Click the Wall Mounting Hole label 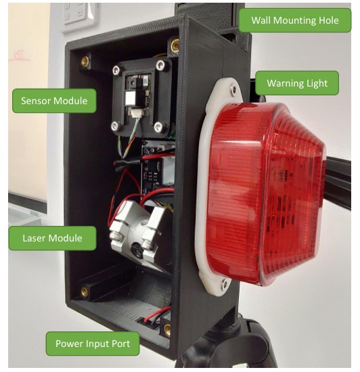point(295,20)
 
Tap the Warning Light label point(297,83)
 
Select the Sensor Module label point(54,101)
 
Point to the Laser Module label point(52,238)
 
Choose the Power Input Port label point(93,344)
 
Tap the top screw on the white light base point(233,90)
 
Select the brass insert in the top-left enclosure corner point(85,62)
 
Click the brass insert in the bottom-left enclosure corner point(84,292)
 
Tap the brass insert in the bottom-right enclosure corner point(167,330)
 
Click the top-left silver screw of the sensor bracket point(116,70)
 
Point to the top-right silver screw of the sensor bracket point(160,64)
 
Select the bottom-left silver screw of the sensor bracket point(115,126)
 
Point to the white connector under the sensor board point(136,112)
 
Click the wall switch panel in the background point(79,15)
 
